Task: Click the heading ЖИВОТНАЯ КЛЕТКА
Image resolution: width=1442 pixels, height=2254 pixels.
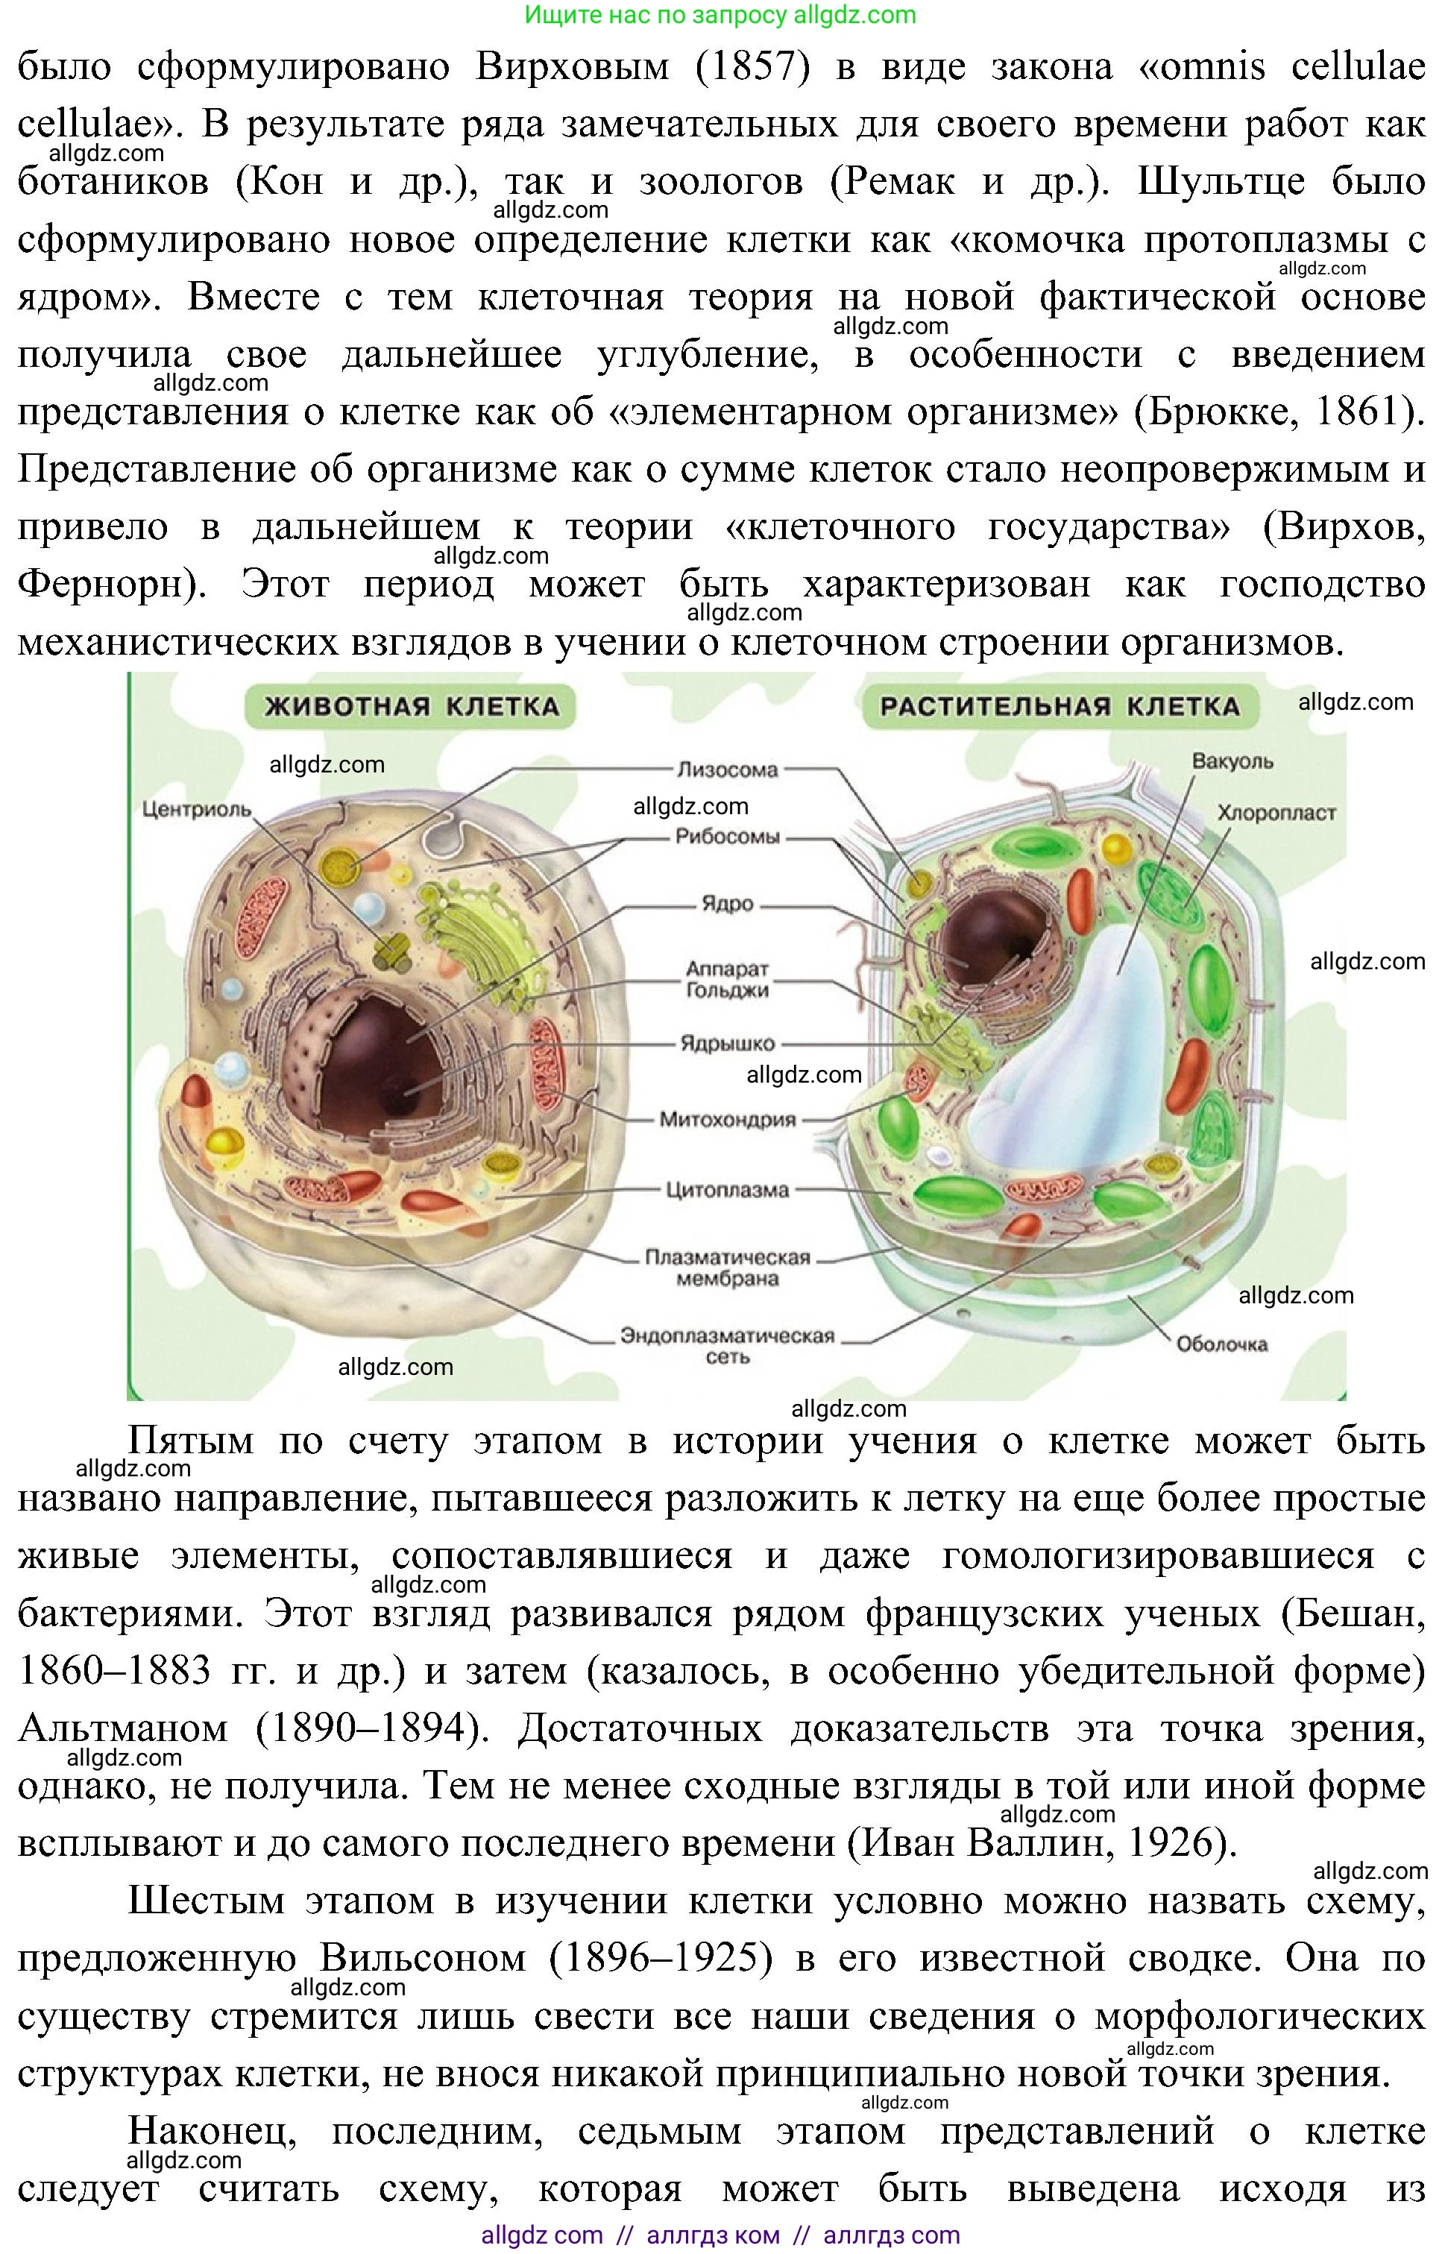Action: point(411,706)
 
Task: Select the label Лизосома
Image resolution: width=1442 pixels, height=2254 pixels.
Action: point(728,769)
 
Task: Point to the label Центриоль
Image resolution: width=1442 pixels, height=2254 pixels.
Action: point(197,808)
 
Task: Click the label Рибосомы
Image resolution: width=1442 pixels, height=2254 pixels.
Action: point(728,837)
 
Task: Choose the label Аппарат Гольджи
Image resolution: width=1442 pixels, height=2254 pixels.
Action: point(728,978)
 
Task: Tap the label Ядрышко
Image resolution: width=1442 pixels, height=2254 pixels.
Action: point(728,1043)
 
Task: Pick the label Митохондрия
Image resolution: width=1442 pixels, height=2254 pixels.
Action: point(728,1119)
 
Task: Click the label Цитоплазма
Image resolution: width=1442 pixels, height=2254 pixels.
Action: point(728,1190)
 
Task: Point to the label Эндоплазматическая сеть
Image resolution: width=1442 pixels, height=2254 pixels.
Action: point(728,1346)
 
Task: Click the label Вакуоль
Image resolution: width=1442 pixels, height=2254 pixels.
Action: point(1232,761)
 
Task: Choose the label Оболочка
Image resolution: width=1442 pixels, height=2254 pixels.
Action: point(1222,1344)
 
